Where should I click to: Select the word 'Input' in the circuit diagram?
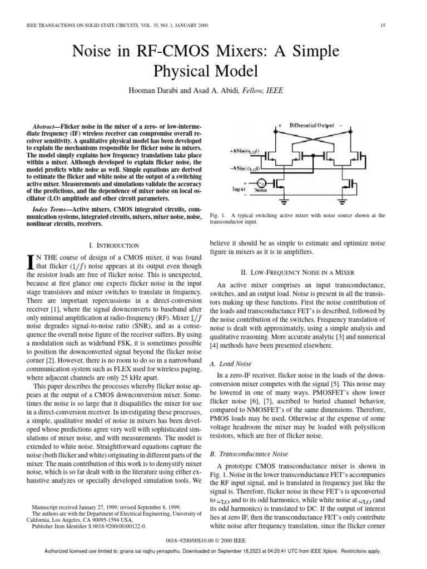click(239, 189)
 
